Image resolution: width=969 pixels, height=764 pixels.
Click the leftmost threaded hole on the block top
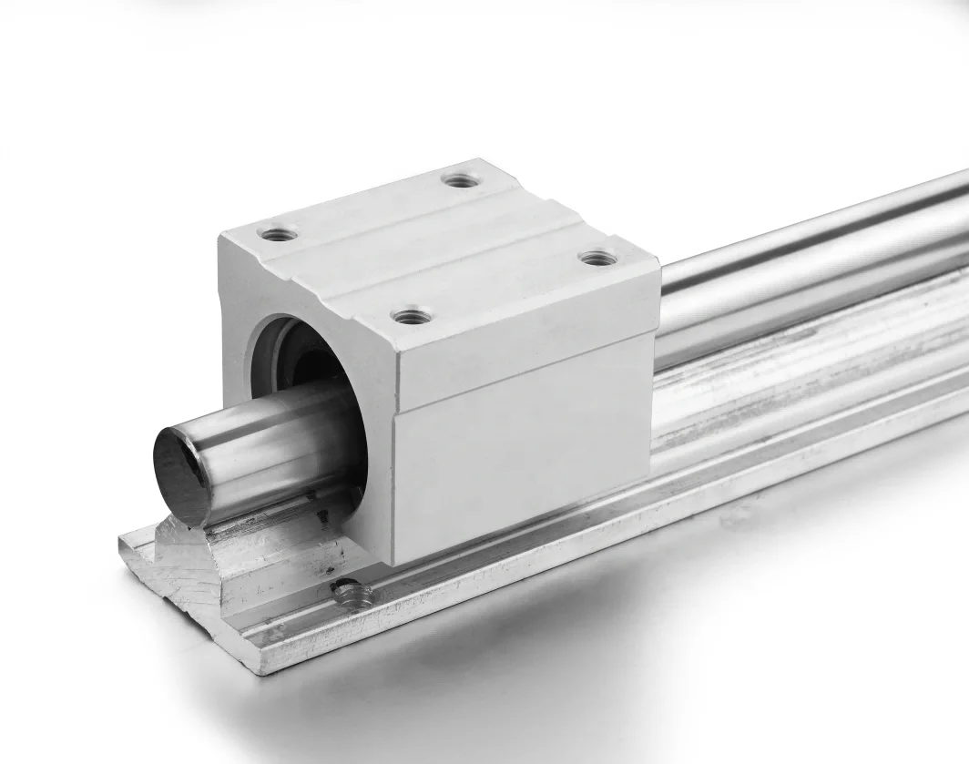point(278,234)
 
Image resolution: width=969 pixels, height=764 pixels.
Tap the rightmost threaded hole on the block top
point(597,259)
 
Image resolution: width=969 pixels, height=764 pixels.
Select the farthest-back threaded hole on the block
point(462,180)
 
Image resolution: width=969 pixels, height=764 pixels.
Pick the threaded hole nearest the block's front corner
point(411,317)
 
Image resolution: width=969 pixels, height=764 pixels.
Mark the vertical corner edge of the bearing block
point(393,455)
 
